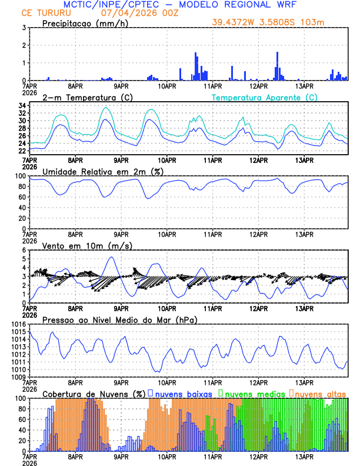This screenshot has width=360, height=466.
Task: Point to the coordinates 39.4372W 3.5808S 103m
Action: tap(268, 22)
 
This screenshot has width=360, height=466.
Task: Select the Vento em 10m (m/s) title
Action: tap(83, 245)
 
